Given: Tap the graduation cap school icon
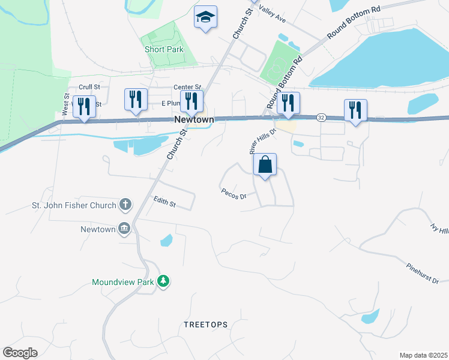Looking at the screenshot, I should (x=205, y=18).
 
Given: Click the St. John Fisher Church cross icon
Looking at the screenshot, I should (x=125, y=205).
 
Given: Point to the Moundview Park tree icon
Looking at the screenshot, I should (x=163, y=281).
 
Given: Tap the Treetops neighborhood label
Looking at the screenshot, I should (x=205, y=325).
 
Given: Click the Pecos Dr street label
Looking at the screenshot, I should (x=234, y=195).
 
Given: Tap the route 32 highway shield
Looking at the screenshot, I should (x=322, y=117).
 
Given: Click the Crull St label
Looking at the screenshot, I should (x=89, y=87).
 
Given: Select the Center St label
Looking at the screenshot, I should (x=186, y=87).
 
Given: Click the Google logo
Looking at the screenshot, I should (x=20, y=352).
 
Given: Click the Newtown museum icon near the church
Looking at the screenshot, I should (x=124, y=228).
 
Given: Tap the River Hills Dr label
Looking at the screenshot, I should (x=262, y=139).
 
